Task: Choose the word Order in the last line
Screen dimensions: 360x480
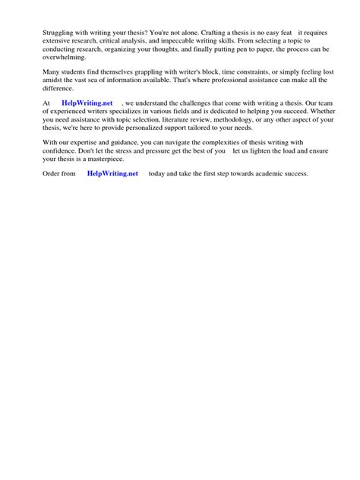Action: tap(52, 173)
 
